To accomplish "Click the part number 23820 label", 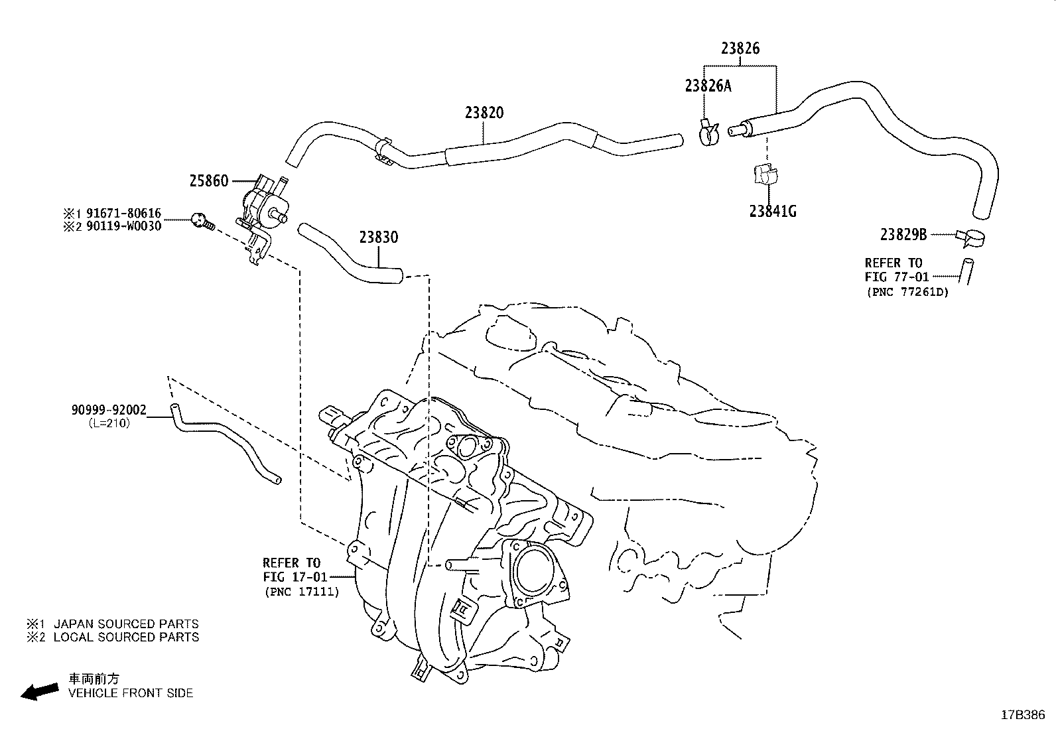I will click(x=484, y=113).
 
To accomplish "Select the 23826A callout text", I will click(x=708, y=86).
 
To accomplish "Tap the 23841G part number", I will click(x=772, y=212).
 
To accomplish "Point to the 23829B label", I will click(x=903, y=235).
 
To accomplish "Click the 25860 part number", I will click(x=208, y=181).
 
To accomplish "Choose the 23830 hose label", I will click(x=379, y=237).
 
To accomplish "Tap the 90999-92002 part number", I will click(x=109, y=411).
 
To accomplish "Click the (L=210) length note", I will click(x=109, y=423).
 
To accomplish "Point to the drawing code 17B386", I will click(x=1023, y=715).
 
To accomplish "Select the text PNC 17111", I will click(x=301, y=591).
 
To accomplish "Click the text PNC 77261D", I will click(x=907, y=292).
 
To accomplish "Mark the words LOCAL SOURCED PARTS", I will click(x=126, y=637).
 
